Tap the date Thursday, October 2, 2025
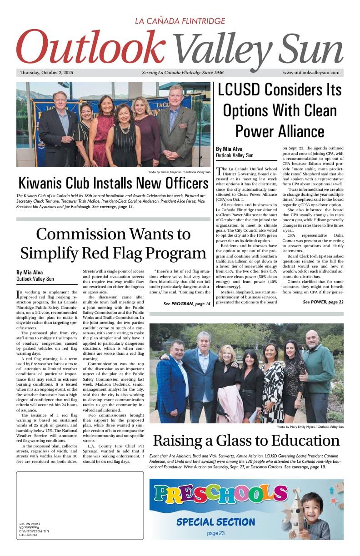pyautogui.click(x=46, y=73)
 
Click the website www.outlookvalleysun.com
pyautogui.click(x=311, y=73)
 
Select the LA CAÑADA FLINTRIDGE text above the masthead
pyautogui.click(x=180, y=21)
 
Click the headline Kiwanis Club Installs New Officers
pyautogui.click(x=113, y=184)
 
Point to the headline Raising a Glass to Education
pyautogui.click(x=246, y=440)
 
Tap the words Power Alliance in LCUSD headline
pyautogui.click(x=280, y=131)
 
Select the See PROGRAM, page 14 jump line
pyautogui.click(x=187, y=303)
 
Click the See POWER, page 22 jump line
pyautogui.click(x=323, y=302)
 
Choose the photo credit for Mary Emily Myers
pyautogui.click(x=310, y=427)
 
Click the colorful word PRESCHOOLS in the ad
pyautogui.click(x=220, y=495)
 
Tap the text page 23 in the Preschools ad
pyautogui.click(x=215, y=533)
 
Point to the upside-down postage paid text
pyautogui.click(x=29, y=530)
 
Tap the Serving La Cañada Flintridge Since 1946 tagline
pyautogui.click(x=183, y=73)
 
